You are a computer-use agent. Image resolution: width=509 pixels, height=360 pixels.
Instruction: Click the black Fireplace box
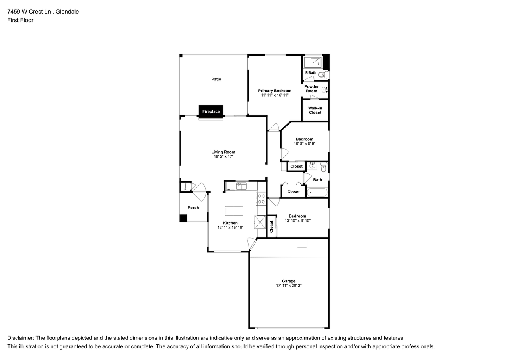pos(211,111)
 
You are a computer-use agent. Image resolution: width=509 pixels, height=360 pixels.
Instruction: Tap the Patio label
pos(216,79)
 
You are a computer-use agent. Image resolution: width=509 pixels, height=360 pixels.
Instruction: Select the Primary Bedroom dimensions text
pos(274,95)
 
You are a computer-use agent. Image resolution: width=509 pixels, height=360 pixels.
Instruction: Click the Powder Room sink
pos(325,90)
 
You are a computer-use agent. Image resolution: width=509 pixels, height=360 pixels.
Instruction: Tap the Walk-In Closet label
pos(315,110)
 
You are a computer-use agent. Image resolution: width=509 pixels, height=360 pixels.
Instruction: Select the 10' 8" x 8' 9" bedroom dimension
pos(305,144)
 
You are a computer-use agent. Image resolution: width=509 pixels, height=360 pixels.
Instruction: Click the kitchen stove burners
pos(261,198)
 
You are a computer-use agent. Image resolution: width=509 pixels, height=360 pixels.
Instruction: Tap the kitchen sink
pos(241,186)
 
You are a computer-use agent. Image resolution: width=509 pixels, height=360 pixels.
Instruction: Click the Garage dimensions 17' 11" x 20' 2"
pos(289,286)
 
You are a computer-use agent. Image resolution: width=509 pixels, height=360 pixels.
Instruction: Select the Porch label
pos(193,208)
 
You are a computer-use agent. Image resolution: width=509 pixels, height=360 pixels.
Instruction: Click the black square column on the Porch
pos(183,218)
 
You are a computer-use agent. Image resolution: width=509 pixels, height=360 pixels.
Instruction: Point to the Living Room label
pos(223,152)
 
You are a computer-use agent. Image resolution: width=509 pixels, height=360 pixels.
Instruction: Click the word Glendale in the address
pos(67,12)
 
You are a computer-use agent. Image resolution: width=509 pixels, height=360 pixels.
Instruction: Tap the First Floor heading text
pos(20,20)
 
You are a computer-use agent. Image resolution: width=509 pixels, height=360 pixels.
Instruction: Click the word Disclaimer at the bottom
pos(20,338)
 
